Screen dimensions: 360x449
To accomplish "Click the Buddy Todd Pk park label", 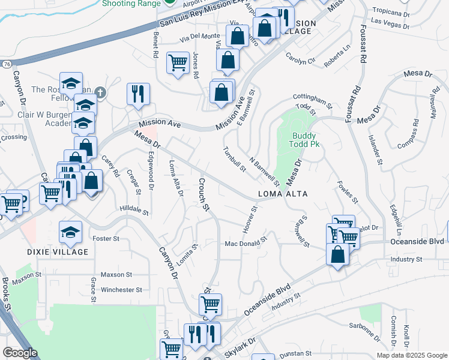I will [x=304, y=140].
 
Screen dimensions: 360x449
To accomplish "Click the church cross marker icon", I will [x=100, y=92].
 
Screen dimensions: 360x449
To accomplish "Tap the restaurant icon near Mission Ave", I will [x=138, y=94].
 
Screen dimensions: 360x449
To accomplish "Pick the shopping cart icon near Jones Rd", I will [x=178, y=62].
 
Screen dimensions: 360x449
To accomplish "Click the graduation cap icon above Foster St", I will [x=70, y=232].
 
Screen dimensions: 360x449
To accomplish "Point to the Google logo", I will [x=20, y=353].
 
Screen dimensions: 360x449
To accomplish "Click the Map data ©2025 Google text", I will [x=411, y=355].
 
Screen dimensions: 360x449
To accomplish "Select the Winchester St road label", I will [x=121, y=289].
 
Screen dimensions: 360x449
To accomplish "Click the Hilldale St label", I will [x=134, y=211].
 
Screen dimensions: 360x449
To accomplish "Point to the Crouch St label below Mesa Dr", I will [x=202, y=195].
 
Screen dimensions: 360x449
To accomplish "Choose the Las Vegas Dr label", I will [x=390, y=23].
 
